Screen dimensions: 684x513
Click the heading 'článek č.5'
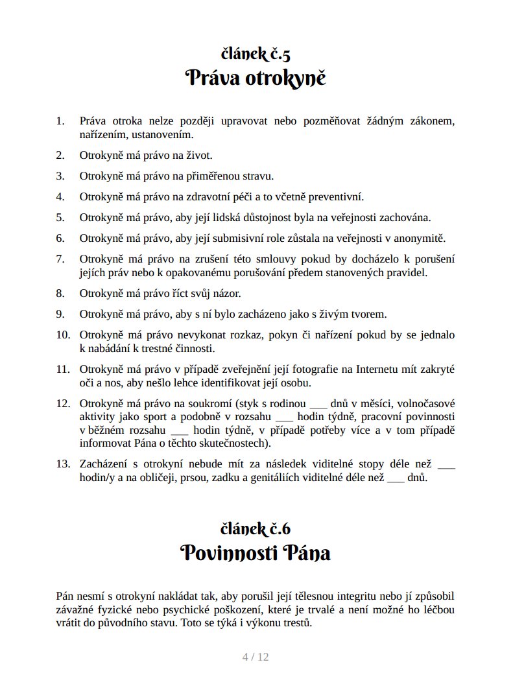click(x=256, y=54)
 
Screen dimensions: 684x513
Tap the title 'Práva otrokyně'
click(x=256, y=79)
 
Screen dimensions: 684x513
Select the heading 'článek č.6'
click(x=256, y=528)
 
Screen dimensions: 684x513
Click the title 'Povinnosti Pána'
click(x=256, y=554)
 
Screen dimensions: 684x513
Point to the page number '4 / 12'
click(x=256, y=657)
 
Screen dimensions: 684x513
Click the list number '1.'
click(x=61, y=121)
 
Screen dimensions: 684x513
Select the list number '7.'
click(x=61, y=259)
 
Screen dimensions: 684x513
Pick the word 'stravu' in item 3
click(x=257, y=176)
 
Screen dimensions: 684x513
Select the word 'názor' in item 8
click(x=226, y=293)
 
